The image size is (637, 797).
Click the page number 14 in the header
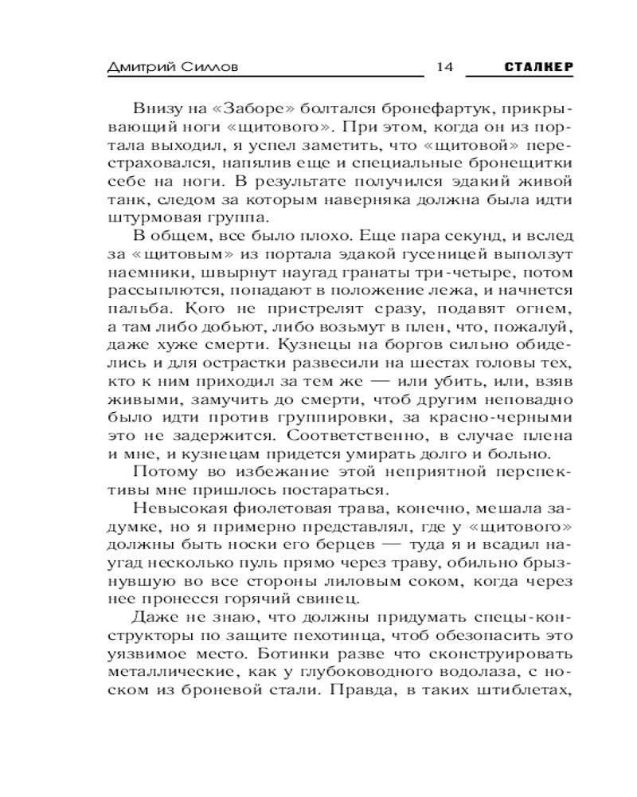(x=444, y=68)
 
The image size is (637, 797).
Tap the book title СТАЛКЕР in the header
(x=538, y=68)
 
